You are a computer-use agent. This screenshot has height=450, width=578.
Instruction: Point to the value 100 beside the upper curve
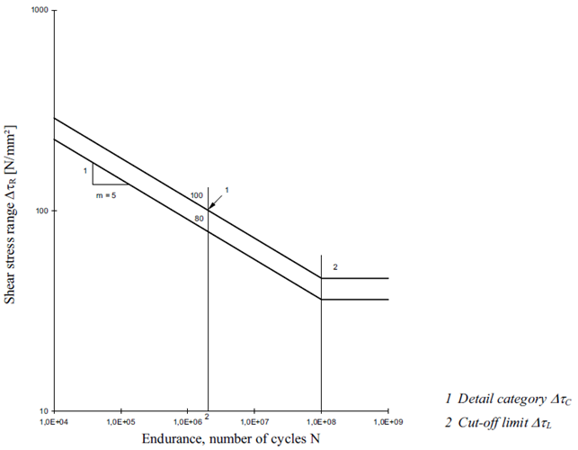coord(198,195)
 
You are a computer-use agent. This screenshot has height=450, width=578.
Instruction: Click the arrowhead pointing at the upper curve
coord(210,208)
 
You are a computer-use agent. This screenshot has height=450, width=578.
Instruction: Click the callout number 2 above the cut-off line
coord(335,267)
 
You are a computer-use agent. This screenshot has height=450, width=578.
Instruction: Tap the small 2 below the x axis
coord(207,418)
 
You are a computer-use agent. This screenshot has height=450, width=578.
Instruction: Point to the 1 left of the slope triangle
coord(84,169)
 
